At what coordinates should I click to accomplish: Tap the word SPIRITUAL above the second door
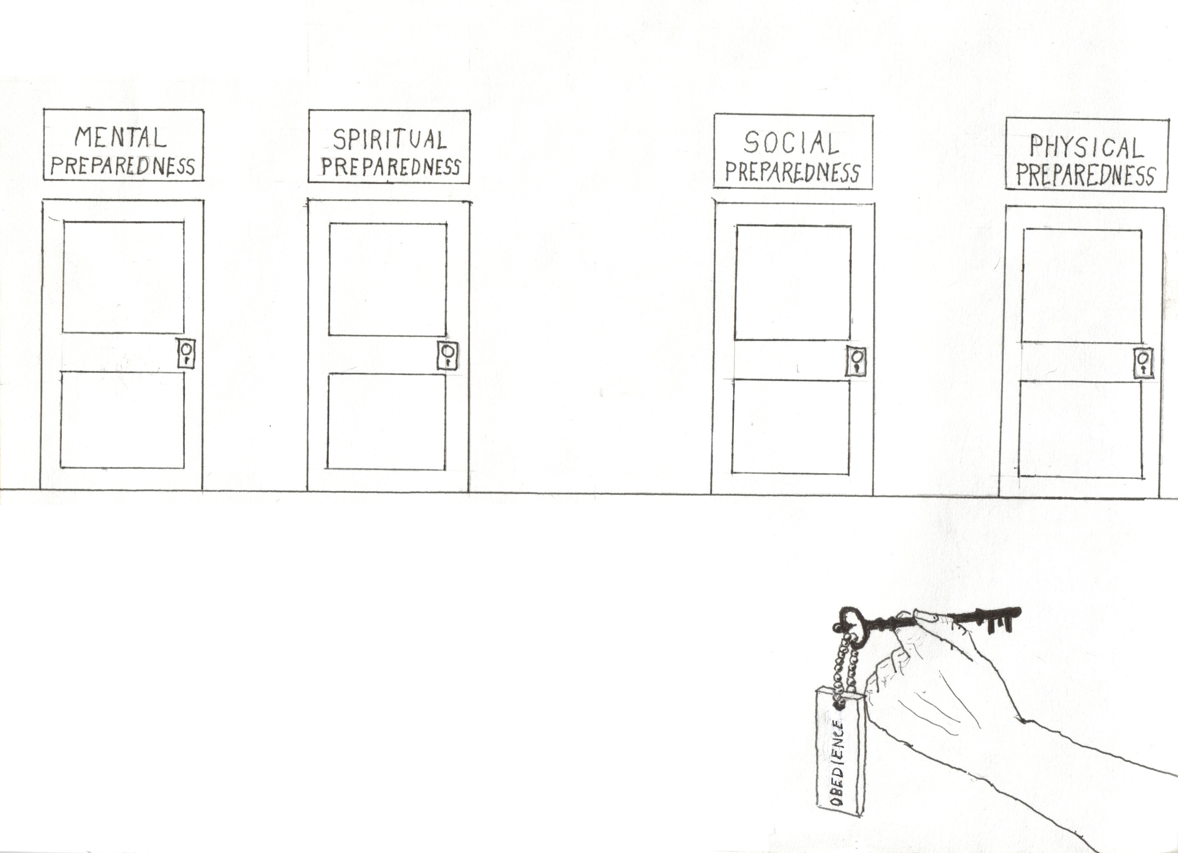pos(389,139)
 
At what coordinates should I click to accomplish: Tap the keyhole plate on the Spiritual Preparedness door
pos(448,355)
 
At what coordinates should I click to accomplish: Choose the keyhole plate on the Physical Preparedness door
pos(1143,364)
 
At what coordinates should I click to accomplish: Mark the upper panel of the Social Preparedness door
pos(793,283)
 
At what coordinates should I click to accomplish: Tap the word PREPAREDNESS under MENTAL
pos(122,166)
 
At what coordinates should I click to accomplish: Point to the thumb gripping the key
pos(930,617)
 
